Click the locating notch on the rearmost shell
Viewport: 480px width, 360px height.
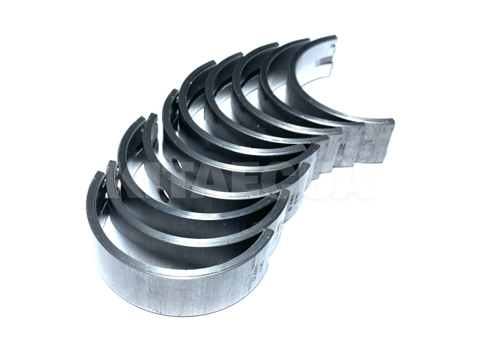(325, 60)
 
